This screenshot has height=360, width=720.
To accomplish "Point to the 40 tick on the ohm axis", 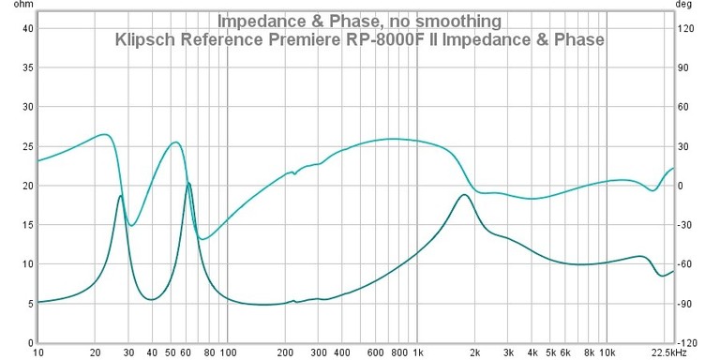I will coord(28,28).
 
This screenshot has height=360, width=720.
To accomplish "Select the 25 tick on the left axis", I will coord(28,146).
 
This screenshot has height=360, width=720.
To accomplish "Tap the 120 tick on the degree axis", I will coord(687,28).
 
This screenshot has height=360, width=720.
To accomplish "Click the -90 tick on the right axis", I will coord(687,304).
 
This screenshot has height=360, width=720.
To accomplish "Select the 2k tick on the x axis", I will coord(474,353).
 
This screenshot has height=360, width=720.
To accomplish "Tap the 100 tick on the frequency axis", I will coord(228,353).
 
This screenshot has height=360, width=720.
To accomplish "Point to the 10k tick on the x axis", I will coord(607,353).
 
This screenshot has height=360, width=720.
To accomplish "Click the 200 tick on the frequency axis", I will coord(285,353).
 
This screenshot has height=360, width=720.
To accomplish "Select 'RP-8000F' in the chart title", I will coord(419,40).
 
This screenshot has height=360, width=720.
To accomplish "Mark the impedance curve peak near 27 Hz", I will coord(120,195).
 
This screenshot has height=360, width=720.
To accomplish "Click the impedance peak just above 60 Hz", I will coord(188,183).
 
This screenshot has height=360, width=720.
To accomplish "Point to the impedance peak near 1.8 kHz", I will coord(463,194).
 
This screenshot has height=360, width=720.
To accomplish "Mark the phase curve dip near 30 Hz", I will coord(132,225).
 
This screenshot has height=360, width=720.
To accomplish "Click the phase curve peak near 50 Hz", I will coord(174,142).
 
